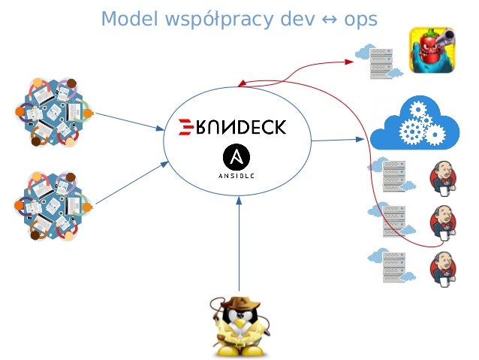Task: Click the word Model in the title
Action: (124, 18)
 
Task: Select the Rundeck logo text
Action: (233, 127)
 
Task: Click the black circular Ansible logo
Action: (237, 159)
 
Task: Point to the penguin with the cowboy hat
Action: (238, 327)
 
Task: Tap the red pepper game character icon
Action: (432, 52)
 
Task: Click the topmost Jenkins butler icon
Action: (443, 178)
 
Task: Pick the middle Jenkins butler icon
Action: (443, 222)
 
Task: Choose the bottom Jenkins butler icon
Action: (443, 269)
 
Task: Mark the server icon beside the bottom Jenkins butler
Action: (393, 268)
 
